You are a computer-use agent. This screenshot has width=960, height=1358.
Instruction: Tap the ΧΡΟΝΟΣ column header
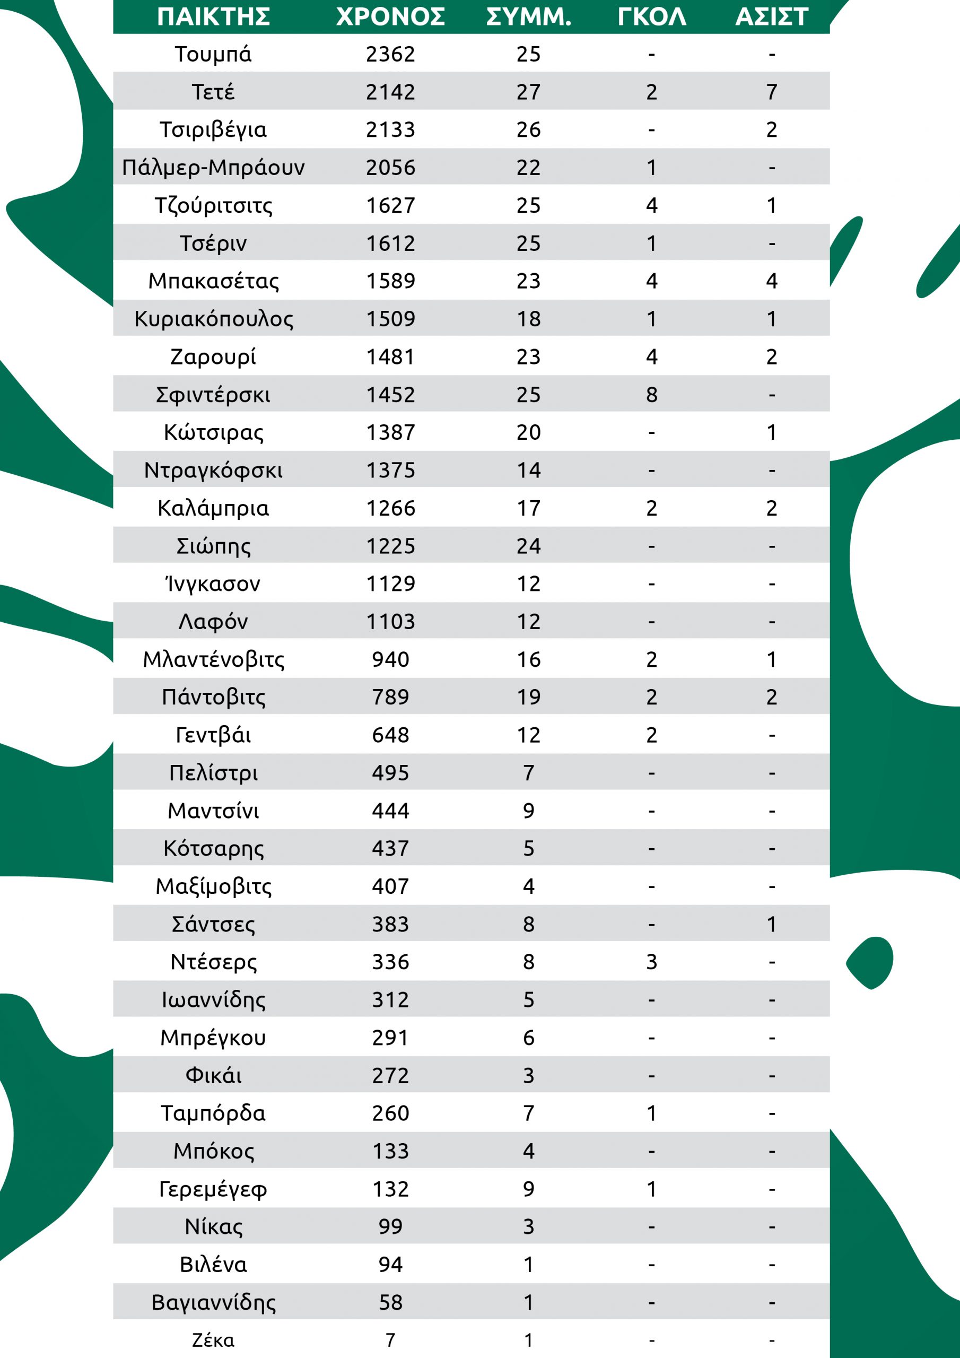(390, 16)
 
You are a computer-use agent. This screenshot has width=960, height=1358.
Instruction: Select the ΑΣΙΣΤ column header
(771, 16)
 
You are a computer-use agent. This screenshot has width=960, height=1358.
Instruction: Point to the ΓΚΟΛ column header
(651, 16)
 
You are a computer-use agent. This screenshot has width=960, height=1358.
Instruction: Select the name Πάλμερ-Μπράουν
(213, 168)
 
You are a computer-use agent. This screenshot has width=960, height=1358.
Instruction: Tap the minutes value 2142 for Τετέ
(390, 92)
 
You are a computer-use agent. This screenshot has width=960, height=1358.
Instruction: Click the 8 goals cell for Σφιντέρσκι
(651, 395)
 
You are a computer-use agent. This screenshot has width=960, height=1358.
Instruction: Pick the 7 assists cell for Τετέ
(771, 92)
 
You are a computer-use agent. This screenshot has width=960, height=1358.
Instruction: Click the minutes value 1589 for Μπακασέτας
(390, 281)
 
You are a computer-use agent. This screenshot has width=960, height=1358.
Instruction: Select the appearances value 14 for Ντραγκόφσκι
(528, 470)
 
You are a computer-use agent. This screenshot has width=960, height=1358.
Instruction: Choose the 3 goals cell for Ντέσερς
(651, 962)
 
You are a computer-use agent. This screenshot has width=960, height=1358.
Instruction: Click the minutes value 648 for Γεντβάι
(390, 735)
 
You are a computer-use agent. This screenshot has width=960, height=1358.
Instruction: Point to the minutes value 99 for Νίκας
(390, 1226)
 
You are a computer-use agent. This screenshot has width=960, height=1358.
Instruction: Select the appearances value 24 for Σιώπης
(528, 546)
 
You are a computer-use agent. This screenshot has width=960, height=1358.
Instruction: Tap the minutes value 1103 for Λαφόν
(390, 622)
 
